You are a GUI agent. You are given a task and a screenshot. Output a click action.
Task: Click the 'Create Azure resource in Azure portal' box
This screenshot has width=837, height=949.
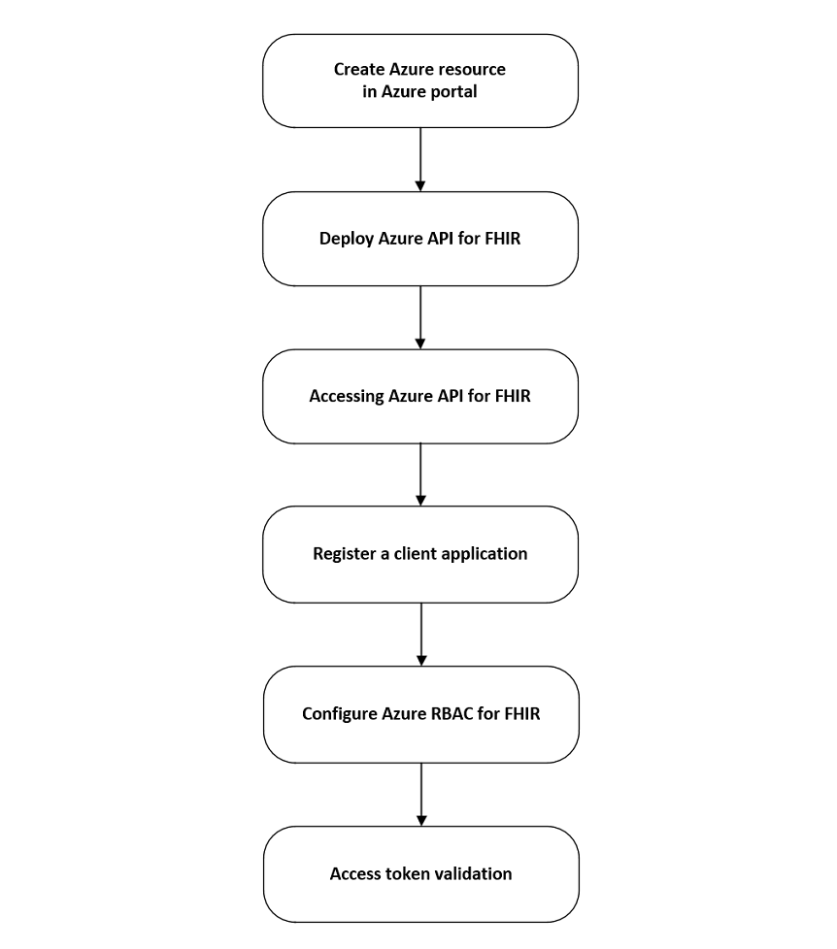tap(419, 82)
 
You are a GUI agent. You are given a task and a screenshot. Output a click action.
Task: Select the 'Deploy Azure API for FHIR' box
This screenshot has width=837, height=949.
tap(419, 239)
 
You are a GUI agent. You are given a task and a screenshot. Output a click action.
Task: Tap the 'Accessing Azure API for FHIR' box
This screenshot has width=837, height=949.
tap(419, 396)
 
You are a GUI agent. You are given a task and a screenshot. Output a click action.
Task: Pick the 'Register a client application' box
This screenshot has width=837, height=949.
tap(419, 554)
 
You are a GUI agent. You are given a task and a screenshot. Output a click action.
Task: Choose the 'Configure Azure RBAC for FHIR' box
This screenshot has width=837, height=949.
tap(419, 714)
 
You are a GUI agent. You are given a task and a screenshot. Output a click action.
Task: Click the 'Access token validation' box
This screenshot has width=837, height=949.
tap(419, 873)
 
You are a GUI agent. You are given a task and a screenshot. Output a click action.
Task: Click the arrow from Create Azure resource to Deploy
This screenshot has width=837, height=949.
tap(420, 159)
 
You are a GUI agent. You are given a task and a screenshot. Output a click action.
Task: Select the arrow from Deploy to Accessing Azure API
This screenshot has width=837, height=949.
tap(420, 317)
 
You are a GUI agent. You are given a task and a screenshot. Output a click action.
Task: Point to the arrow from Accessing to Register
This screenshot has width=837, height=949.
tap(420, 474)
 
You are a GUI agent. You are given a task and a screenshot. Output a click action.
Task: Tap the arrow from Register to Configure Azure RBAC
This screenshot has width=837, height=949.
tap(420, 634)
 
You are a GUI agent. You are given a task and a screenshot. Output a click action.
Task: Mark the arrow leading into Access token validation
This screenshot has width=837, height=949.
tap(420, 794)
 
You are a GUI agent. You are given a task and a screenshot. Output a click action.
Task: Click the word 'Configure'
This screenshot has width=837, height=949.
tap(341, 714)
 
